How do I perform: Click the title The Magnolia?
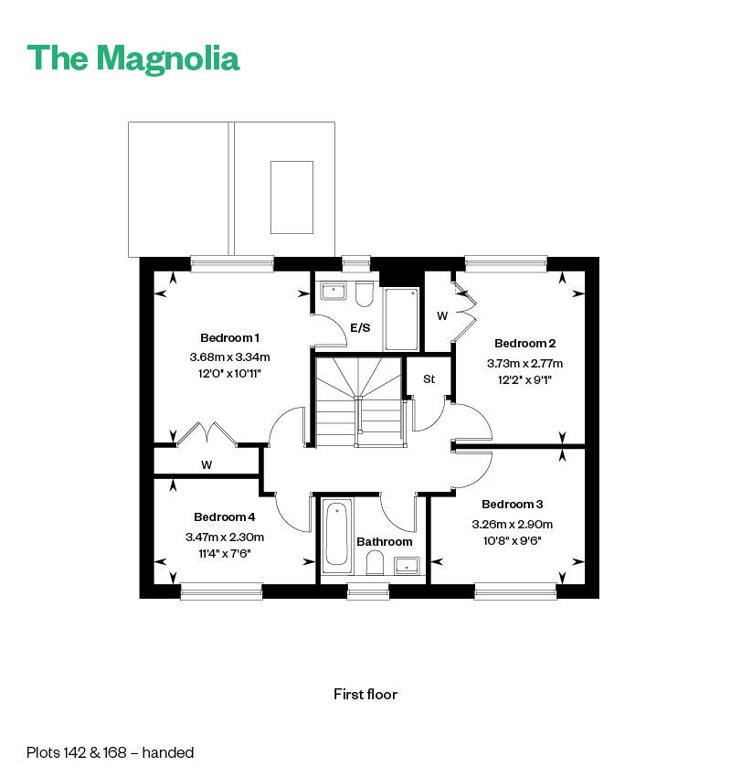tap(133, 58)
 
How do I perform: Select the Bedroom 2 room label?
tap(524, 344)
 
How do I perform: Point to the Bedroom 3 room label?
tap(512, 505)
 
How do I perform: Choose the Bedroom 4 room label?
tap(224, 516)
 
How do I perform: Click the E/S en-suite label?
tap(360, 327)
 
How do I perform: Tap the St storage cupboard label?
tap(428, 378)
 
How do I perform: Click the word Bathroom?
tap(385, 542)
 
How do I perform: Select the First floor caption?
tap(365, 694)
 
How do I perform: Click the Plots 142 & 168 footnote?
tap(110, 753)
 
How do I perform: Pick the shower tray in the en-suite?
tap(401, 318)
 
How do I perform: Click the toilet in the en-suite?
tap(363, 295)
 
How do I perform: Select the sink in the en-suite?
tap(332, 292)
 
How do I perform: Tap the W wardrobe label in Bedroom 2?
tap(441, 316)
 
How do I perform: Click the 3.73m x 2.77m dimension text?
tap(521, 362)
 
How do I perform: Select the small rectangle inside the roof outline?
tap(291, 197)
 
